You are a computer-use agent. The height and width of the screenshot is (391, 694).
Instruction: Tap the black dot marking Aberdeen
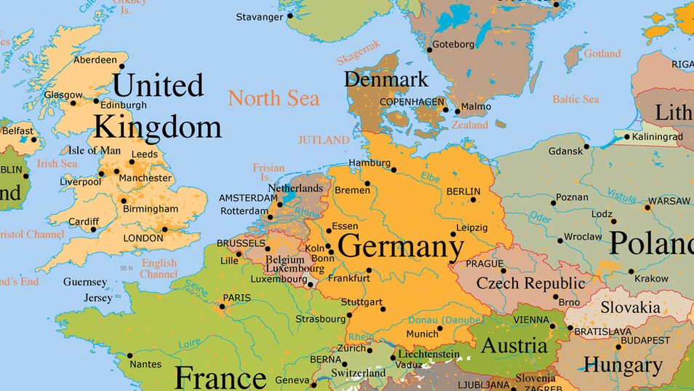pos(122,66)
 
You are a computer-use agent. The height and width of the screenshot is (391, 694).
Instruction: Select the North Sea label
pos(274,98)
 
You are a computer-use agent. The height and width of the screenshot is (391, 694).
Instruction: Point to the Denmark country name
pos(386,79)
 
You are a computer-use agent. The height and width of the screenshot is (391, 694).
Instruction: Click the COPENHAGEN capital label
pos(411,101)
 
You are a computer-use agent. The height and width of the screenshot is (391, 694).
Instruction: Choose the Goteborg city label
pos(453,44)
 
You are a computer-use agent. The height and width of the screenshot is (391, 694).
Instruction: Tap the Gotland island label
pos(602,54)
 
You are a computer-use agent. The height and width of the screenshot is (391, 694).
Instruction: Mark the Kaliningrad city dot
pos(626,137)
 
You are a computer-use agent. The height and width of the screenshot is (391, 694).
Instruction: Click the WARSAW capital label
pos(669,201)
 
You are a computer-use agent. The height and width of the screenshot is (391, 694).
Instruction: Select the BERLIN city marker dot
pos(473,200)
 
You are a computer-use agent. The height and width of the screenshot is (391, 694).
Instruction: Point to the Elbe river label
pos(430,176)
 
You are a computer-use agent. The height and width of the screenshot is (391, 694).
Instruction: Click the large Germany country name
pos(401,246)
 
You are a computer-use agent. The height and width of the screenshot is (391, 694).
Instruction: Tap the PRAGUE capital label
pos(484,264)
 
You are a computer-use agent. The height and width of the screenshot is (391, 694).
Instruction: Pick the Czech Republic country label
pos(530,283)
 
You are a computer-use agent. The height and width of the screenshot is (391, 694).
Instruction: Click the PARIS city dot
pos(222,306)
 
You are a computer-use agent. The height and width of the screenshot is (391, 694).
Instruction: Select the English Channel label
pos(159,269)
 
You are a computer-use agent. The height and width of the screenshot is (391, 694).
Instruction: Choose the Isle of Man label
pos(95,151)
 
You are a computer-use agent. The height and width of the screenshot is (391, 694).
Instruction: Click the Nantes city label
pos(146,364)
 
